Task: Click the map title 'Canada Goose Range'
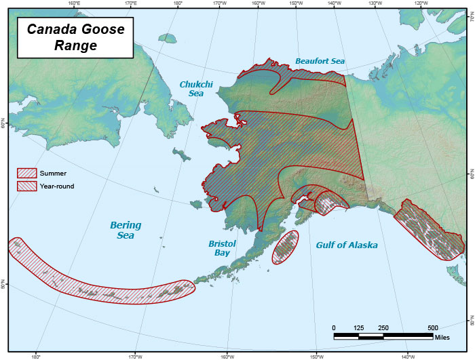[75, 37]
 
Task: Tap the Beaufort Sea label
[320, 61]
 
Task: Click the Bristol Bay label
[222, 247]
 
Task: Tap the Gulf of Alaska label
[346, 245]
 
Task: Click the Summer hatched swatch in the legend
[26, 173]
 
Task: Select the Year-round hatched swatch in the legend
[26, 186]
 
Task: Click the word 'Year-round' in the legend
[57, 186]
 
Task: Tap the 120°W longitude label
[420, 3]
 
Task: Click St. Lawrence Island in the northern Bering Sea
[180, 155]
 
